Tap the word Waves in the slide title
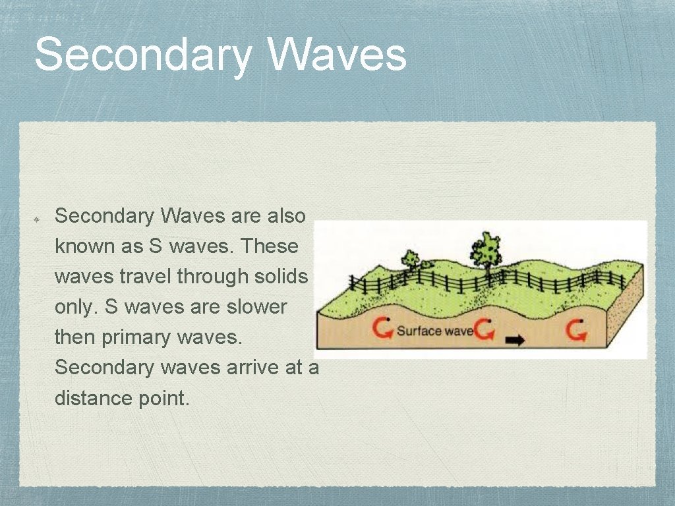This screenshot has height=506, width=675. coord(337,55)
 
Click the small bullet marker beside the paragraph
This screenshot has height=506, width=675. coord(38,217)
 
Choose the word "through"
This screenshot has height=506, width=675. coord(212,277)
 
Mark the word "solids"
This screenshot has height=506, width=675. coord(281,277)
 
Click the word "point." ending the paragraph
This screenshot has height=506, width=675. coord(163,398)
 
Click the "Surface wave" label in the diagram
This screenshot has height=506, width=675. coord(434,330)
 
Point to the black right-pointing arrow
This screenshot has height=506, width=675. coord(515,341)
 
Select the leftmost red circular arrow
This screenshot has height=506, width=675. coord(381,328)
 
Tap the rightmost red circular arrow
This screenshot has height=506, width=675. coord(577,329)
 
